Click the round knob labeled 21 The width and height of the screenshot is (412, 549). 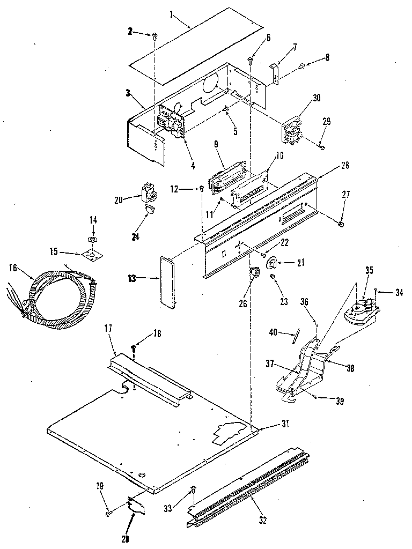coord(272,263)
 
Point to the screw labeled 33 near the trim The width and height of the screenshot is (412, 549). coord(194,489)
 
